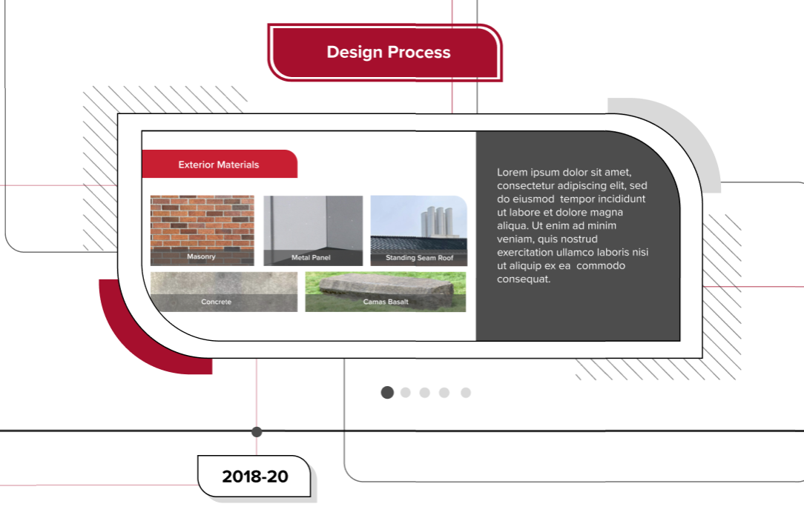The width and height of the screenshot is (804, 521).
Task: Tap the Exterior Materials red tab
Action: point(220,164)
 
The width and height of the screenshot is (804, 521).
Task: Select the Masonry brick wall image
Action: point(202,230)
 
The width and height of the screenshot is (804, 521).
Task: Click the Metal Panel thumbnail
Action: point(313,230)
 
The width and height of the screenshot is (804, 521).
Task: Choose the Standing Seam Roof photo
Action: point(419,230)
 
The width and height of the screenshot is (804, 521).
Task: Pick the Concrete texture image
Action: point(224,291)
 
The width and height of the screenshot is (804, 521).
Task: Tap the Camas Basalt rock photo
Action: point(386,291)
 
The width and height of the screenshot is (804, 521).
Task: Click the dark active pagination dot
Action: point(387,392)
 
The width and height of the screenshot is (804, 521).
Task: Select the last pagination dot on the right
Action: point(466,392)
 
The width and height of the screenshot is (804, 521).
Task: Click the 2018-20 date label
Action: point(254,477)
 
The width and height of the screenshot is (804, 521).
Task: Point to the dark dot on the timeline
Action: point(257,432)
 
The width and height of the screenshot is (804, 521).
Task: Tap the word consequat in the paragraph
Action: point(524,279)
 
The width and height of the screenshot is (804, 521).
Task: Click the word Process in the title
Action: point(419,53)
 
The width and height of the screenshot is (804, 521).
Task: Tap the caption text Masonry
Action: point(201,256)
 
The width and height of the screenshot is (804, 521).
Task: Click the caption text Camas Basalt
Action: point(386,302)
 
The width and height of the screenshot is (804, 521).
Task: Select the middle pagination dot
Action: point(424,392)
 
